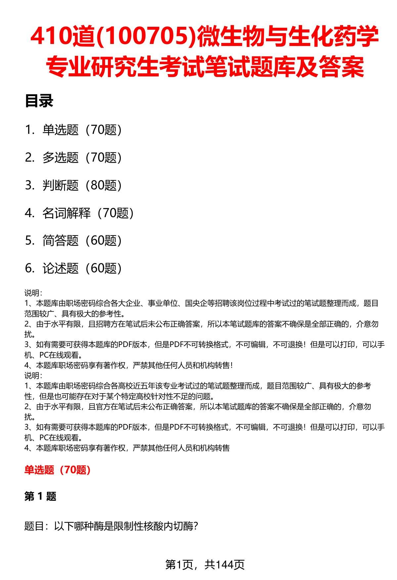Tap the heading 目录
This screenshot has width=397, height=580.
39,101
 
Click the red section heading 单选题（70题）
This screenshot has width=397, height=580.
58,470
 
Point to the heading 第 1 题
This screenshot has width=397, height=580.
40,496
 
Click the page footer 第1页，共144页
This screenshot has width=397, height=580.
205,565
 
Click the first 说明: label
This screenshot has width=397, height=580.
33,293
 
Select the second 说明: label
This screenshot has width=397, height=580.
33,376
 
